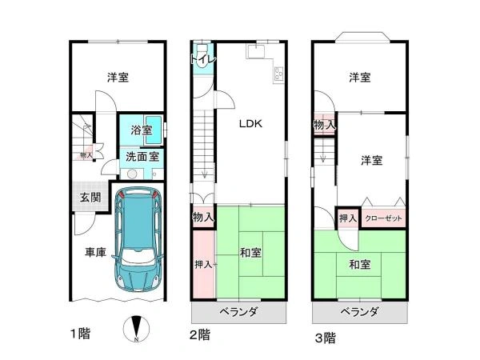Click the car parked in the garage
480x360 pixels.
(x=138, y=239)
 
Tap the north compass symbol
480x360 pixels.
(x=137, y=329)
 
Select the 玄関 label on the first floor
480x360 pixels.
(x=90, y=198)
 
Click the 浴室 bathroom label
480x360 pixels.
(x=142, y=130)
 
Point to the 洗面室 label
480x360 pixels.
(x=142, y=157)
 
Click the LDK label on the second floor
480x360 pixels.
(x=250, y=124)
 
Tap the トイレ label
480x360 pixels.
(x=203, y=59)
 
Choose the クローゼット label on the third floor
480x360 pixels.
(x=383, y=218)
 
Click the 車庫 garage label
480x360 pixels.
(x=95, y=252)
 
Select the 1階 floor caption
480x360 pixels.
(x=81, y=334)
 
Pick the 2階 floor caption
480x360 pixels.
(x=200, y=334)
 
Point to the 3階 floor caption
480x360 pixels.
(x=326, y=338)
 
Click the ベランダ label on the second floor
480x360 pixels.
(x=239, y=312)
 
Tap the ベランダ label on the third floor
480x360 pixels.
(x=360, y=312)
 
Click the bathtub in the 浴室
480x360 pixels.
(x=153, y=130)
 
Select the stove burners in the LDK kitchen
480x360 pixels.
(x=279, y=74)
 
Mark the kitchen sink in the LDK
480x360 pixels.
(x=256, y=51)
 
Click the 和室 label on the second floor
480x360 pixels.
(x=250, y=253)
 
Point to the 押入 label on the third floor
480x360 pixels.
(x=348, y=218)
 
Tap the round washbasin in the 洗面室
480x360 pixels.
(x=132, y=174)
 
